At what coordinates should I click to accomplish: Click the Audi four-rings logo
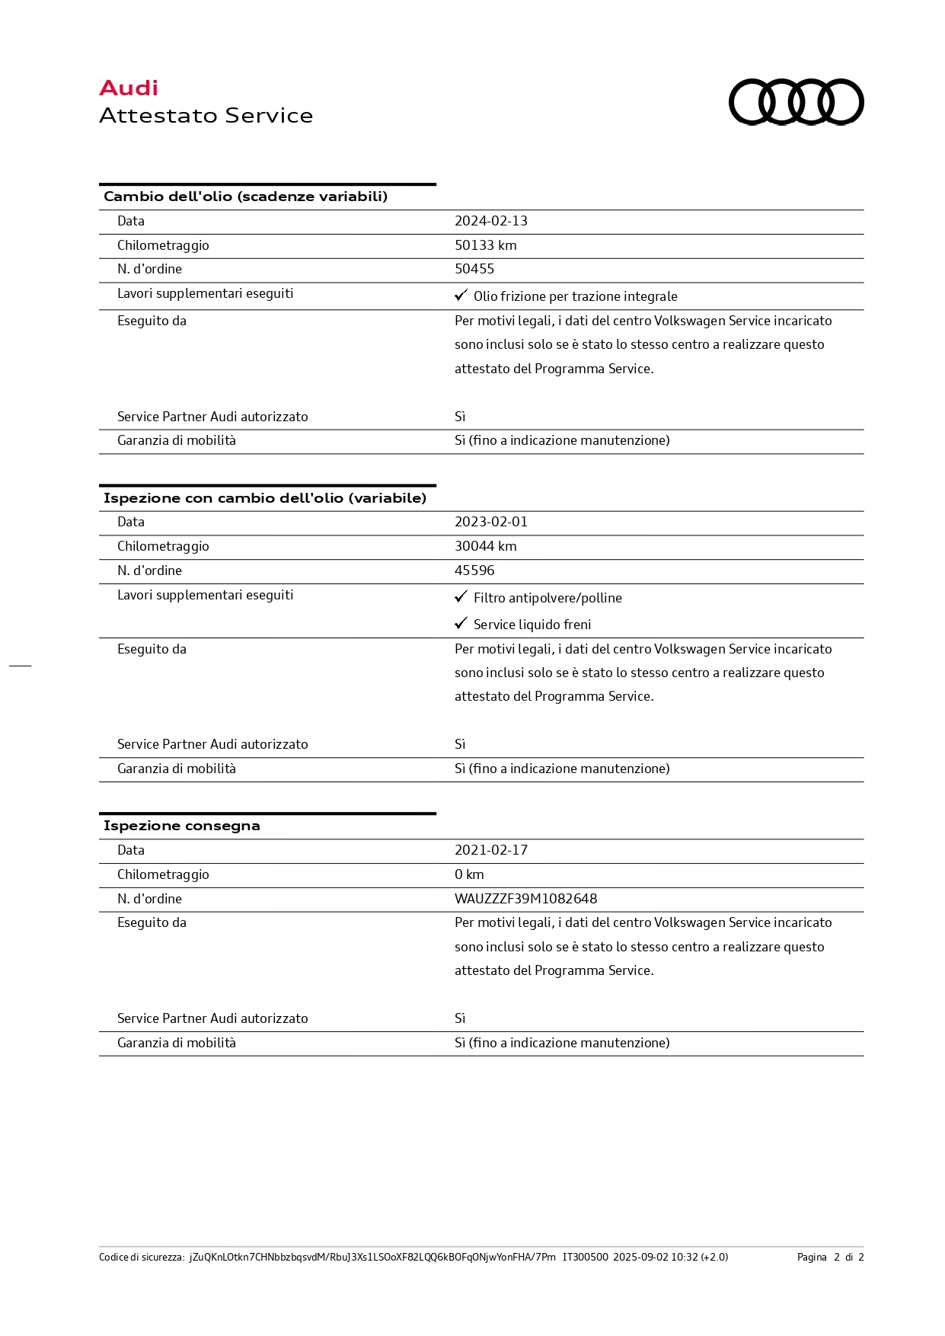[x=796, y=101]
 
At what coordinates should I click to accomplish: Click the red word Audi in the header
[x=129, y=88]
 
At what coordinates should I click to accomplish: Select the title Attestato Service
[x=206, y=116]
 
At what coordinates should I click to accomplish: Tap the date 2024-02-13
[x=490, y=221]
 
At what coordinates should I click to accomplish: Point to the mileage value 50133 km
[x=485, y=245]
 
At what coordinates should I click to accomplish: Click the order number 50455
[x=474, y=269]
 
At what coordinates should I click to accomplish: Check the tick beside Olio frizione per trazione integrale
[x=461, y=295]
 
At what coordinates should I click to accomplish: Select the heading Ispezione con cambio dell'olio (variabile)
[x=264, y=498]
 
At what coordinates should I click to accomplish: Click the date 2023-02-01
[x=490, y=522]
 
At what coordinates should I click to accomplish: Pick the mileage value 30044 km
[x=485, y=546]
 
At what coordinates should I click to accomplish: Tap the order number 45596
[x=474, y=571]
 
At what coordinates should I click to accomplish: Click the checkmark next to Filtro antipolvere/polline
[x=461, y=596]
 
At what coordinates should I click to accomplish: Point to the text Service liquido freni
[x=532, y=625]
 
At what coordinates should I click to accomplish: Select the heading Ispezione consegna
[x=181, y=826]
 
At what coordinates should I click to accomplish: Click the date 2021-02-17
[x=490, y=850]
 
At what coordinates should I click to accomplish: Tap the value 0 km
[x=469, y=874]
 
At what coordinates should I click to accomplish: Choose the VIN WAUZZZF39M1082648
[x=525, y=899]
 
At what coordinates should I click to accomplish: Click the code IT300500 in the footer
[x=585, y=1257]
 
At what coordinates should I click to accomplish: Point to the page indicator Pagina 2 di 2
[x=830, y=1257]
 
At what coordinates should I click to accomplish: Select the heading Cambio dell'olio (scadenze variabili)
[x=245, y=197]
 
